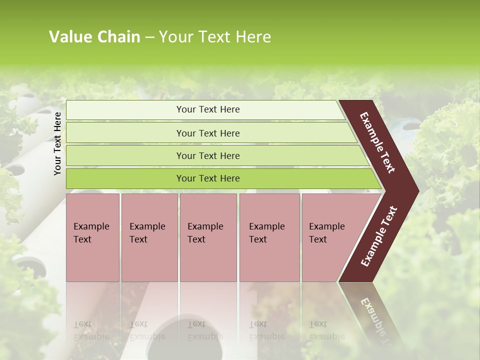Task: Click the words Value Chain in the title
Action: [x=94, y=37]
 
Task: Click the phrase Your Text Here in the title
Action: [x=215, y=37]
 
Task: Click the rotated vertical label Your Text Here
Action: [x=58, y=143]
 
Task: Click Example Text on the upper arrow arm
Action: [x=377, y=142]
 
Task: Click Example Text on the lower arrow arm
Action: [x=379, y=236]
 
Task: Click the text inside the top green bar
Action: [x=208, y=109]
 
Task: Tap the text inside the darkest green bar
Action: [x=208, y=178]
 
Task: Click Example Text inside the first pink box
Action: [x=91, y=232]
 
